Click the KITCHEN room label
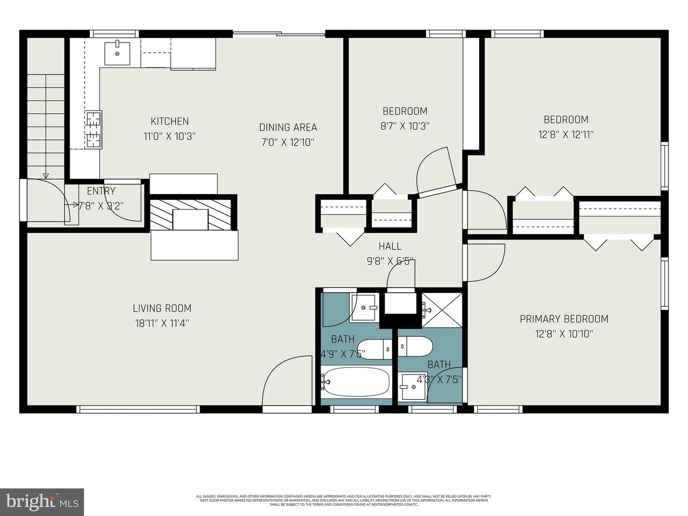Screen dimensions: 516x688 [170, 121]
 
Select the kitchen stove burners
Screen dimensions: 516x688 [94, 129]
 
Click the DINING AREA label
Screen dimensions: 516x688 [288, 127]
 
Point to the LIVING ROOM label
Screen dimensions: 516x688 [162, 308]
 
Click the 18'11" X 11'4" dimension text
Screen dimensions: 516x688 [162, 323]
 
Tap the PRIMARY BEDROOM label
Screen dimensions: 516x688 [564, 319]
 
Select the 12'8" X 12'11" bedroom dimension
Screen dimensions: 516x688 [566, 134]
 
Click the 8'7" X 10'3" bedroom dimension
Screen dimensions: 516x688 [405, 126]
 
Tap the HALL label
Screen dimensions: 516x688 [390, 246]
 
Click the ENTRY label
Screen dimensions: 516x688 [101, 191]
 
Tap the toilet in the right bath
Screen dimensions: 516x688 [415, 346]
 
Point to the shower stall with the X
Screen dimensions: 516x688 [442, 310]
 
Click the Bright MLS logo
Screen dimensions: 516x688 [42, 502]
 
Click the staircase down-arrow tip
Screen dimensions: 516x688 [46, 176]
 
